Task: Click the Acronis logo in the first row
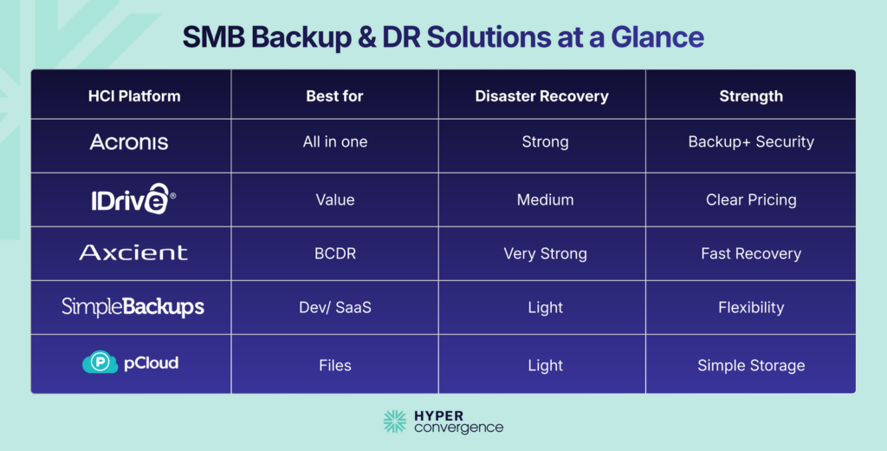pyautogui.click(x=129, y=142)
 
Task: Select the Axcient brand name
pyautogui.click(x=133, y=253)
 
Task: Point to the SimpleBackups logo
pyautogui.click(x=133, y=307)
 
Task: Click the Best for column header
pyautogui.click(x=334, y=95)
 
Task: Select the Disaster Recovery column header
pyautogui.click(x=541, y=95)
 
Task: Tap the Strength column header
pyautogui.click(x=750, y=95)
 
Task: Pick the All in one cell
pyautogui.click(x=334, y=142)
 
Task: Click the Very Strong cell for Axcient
pyautogui.click(x=545, y=254)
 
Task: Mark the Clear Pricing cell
pyautogui.click(x=750, y=199)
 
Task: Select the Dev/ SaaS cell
pyautogui.click(x=334, y=307)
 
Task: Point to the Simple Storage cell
pyautogui.click(x=750, y=365)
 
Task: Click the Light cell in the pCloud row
pyautogui.click(x=545, y=365)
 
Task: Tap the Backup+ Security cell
pyautogui.click(x=750, y=142)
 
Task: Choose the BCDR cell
pyautogui.click(x=334, y=254)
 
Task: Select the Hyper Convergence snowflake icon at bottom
pyautogui.click(x=395, y=422)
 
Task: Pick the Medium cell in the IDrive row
pyautogui.click(x=545, y=199)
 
